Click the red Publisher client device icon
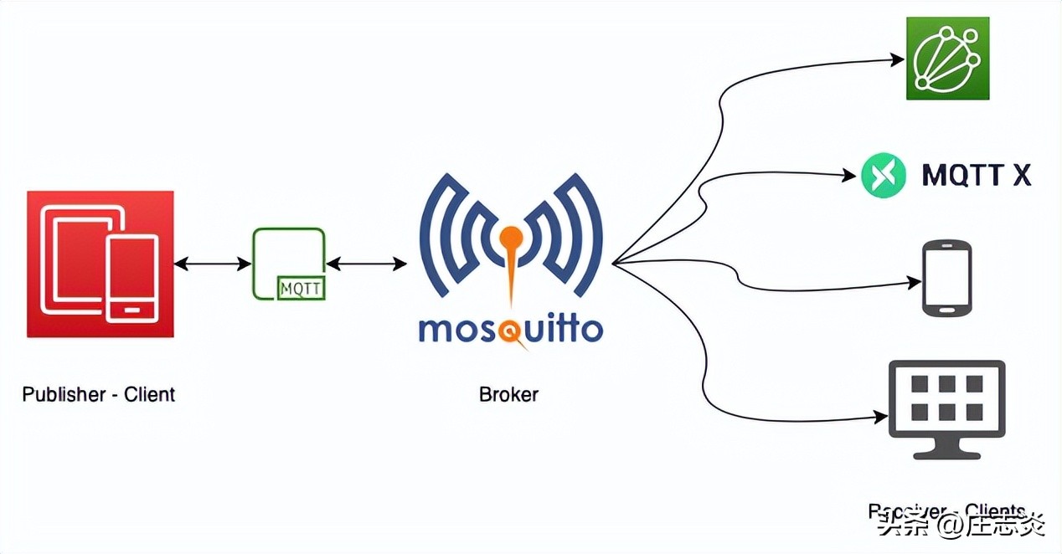point(100,264)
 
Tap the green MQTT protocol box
point(288,263)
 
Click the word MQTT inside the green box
point(302,289)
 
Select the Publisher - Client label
point(99,394)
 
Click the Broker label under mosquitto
point(508,394)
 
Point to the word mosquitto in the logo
point(510,329)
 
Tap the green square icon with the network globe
point(947,59)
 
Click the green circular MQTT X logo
point(884,175)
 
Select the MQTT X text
point(976,175)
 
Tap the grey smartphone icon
point(946,279)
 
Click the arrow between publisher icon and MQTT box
point(213,264)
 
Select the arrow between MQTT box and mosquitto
point(366,264)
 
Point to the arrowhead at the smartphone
point(915,284)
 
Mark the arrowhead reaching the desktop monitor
point(881,416)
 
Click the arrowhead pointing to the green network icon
point(898,59)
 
